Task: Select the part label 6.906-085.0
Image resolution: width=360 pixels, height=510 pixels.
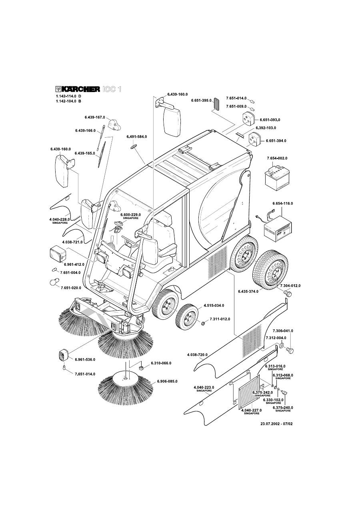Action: tap(167, 381)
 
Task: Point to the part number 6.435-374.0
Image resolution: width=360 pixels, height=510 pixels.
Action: tap(248, 291)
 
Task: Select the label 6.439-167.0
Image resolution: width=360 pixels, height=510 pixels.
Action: tap(94, 117)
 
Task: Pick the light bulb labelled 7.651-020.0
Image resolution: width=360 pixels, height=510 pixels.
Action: tap(52, 282)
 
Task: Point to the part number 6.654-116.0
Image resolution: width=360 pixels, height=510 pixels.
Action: tap(283, 204)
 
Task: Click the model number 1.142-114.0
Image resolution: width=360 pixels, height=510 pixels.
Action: tap(66, 96)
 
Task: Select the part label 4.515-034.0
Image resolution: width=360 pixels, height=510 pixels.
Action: tap(214, 305)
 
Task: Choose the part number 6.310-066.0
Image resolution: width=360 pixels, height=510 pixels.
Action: tap(161, 363)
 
